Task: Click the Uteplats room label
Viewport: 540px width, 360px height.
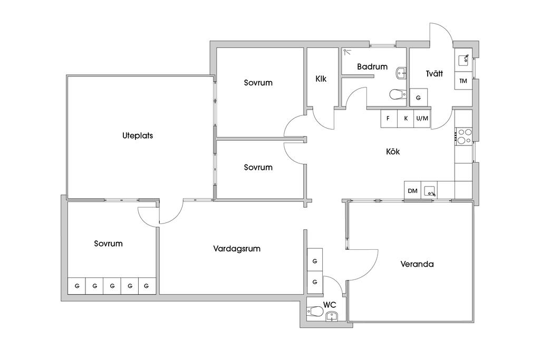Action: click(x=138, y=135)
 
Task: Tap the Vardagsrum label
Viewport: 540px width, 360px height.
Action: click(x=237, y=249)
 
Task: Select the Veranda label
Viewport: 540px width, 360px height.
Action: click(x=417, y=264)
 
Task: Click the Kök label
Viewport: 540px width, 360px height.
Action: click(x=393, y=152)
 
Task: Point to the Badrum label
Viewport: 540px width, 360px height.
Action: click(x=372, y=67)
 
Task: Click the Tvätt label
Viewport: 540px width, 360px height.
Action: click(x=434, y=74)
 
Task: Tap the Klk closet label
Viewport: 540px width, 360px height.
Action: click(x=321, y=79)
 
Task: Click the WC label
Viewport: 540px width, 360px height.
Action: click(x=330, y=305)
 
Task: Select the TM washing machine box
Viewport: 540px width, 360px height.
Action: click(x=464, y=81)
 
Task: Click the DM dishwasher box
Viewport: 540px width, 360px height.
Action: click(x=412, y=191)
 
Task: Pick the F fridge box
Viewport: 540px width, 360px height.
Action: click(x=388, y=119)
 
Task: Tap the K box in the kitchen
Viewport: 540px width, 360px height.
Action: click(x=406, y=119)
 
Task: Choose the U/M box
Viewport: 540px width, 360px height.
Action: click(x=422, y=119)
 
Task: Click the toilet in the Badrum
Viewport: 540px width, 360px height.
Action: click(x=397, y=94)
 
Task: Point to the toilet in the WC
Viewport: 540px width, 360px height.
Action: click(x=315, y=312)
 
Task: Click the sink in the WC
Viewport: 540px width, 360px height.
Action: click(x=331, y=316)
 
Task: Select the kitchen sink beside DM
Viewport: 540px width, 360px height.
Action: click(x=429, y=190)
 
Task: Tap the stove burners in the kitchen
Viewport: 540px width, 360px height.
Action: click(x=463, y=137)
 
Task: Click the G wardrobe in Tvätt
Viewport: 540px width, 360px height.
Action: click(x=419, y=98)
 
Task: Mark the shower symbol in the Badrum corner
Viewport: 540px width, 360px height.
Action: click(x=346, y=52)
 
